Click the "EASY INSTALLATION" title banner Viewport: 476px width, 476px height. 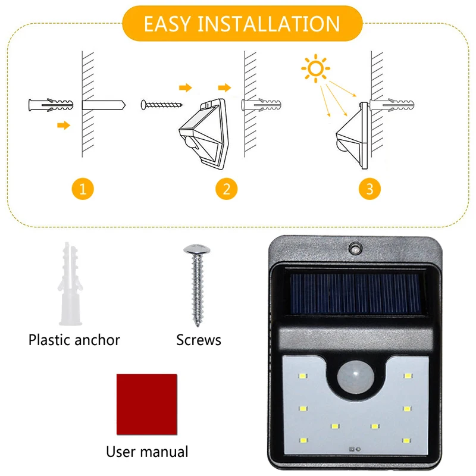(242, 23)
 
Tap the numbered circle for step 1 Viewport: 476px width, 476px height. (83, 189)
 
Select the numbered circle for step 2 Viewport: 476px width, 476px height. (227, 189)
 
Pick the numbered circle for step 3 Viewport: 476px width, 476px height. (369, 189)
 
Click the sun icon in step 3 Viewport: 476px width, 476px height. (315, 68)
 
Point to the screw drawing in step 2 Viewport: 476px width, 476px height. (161, 105)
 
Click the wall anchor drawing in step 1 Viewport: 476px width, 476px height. (51, 105)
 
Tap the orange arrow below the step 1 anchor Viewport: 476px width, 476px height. (64, 125)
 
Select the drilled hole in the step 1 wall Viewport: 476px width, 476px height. (104, 105)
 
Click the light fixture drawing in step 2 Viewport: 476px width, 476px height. (204, 133)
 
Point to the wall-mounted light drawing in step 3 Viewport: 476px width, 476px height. (352, 136)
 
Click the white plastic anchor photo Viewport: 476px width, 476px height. (70, 284)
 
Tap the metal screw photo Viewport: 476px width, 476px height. (197, 286)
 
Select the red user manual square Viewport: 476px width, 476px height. (146, 405)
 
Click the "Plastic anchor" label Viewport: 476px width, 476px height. (74, 340)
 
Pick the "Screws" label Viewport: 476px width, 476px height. (199, 340)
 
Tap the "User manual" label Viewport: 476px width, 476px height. (147, 452)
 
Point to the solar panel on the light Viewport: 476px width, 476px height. (355, 294)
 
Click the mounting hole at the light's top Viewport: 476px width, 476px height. (355, 248)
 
